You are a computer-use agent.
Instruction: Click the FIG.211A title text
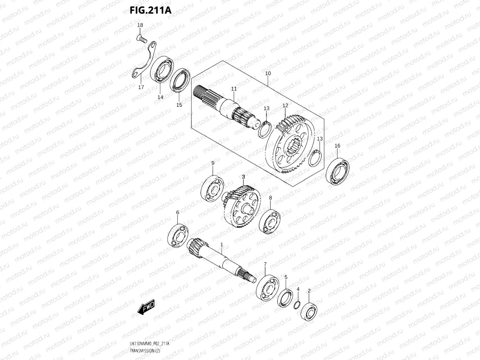(151, 10)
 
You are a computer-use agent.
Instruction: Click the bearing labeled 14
(161, 70)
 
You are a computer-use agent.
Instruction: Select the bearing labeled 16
(338, 172)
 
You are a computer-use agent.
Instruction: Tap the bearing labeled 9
(212, 188)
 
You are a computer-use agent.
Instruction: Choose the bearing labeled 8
(269, 221)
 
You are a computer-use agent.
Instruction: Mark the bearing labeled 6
(178, 236)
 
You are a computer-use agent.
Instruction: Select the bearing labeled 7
(267, 288)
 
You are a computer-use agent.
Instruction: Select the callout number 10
(268, 73)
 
